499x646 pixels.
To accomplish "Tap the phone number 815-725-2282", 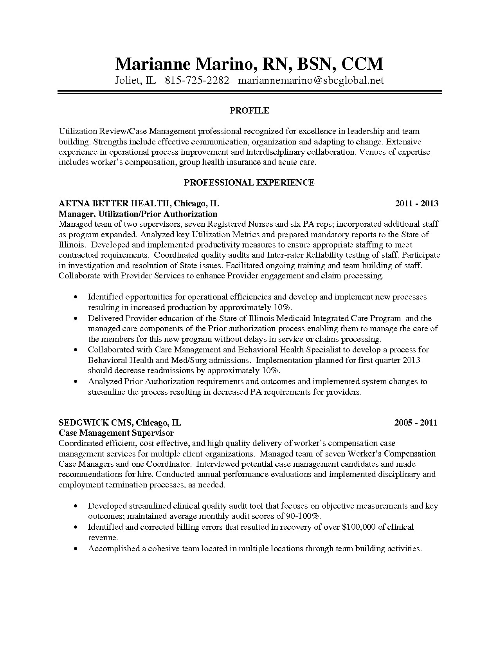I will point(196,81).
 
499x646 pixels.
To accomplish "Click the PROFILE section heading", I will point(249,111).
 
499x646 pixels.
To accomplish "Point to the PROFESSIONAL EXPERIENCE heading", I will point(249,182).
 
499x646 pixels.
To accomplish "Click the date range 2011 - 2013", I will point(416,203).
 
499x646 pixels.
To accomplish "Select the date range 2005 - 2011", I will point(416,422).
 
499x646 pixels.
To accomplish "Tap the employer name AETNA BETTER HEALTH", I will point(114,203).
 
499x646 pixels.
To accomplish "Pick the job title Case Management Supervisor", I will point(116,433).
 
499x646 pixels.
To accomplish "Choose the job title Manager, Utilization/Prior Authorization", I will point(138,214).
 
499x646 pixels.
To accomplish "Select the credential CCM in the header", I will point(362,63).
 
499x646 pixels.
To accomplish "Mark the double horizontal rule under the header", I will point(249,92).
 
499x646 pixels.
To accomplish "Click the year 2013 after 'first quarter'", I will point(411,360).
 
